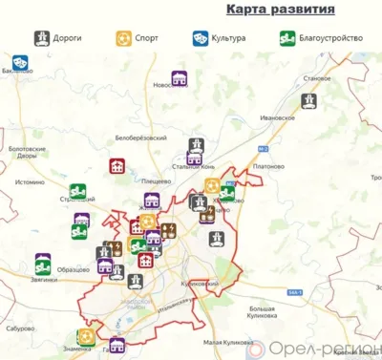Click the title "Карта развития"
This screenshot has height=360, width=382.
[x=280, y=11]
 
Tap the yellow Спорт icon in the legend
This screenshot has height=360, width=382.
[x=123, y=39]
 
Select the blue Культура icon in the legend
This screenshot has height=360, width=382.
[x=200, y=39]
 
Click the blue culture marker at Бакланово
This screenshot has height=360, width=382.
[x=20, y=62]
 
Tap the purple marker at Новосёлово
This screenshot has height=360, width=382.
[x=179, y=78]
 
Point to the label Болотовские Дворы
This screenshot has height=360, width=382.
[x=26, y=153]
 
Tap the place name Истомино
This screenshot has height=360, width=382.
[x=30, y=181]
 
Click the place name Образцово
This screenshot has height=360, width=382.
[x=74, y=270]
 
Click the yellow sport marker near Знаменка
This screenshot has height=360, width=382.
[x=87, y=336]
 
